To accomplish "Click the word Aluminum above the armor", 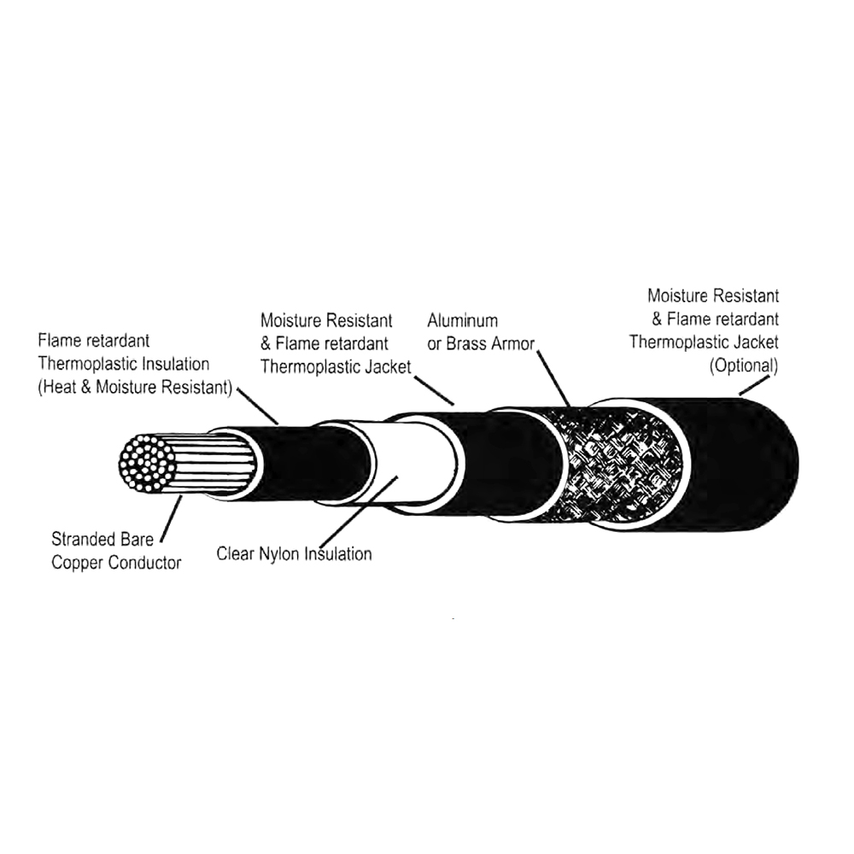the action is (x=462, y=320).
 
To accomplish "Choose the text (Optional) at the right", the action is (x=744, y=366).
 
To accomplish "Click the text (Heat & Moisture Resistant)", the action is (x=135, y=387).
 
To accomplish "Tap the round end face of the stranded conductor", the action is (x=147, y=464).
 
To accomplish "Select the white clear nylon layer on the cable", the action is (x=414, y=463).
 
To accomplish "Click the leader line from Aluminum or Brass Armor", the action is (x=553, y=378).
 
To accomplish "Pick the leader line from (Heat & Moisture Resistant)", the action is (x=257, y=407).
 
